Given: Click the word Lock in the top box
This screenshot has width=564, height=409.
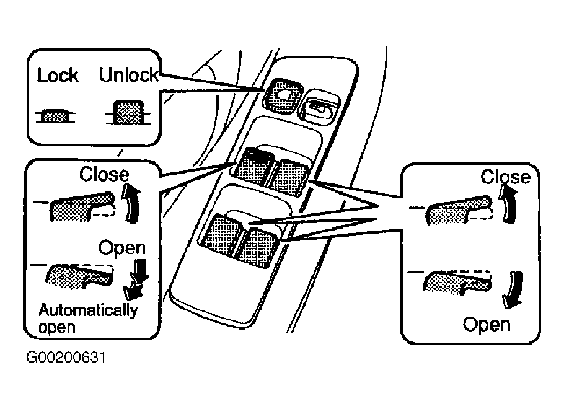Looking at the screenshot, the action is pyautogui.click(x=58, y=75).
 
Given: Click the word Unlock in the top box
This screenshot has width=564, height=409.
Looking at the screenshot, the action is pyautogui.click(x=129, y=75).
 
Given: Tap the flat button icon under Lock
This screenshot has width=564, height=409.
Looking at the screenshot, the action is pyautogui.click(x=55, y=116).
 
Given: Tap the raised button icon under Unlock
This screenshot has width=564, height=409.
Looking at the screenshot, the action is pyautogui.click(x=128, y=113).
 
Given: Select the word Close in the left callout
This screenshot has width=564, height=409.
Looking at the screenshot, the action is pyautogui.click(x=104, y=174).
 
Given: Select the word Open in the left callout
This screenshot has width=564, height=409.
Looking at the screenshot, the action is pyautogui.click(x=122, y=248).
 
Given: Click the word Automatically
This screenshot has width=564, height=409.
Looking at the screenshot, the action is pyautogui.click(x=88, y=310).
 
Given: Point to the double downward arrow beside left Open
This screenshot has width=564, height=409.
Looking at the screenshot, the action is pyautogui.click(x=136, y=279).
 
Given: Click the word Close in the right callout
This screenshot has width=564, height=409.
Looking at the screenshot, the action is pyautogui.click(x=505, y=177).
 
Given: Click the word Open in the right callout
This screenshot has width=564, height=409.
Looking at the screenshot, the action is pyautogui.click(x=487, y=325).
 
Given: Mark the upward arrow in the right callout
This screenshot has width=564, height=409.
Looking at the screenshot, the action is pyautogui.click(x=508, y=203).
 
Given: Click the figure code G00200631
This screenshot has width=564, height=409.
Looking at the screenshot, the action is pyautogui.click(x=66, y=358).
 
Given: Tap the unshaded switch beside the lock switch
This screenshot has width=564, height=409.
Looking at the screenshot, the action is pyautogui.click(x=319, y=107).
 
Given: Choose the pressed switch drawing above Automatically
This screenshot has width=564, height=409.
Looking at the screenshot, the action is pyautogui.click(x=79, y=276).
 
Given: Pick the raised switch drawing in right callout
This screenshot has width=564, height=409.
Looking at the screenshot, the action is pyautogui.click(x=459, y=211).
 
